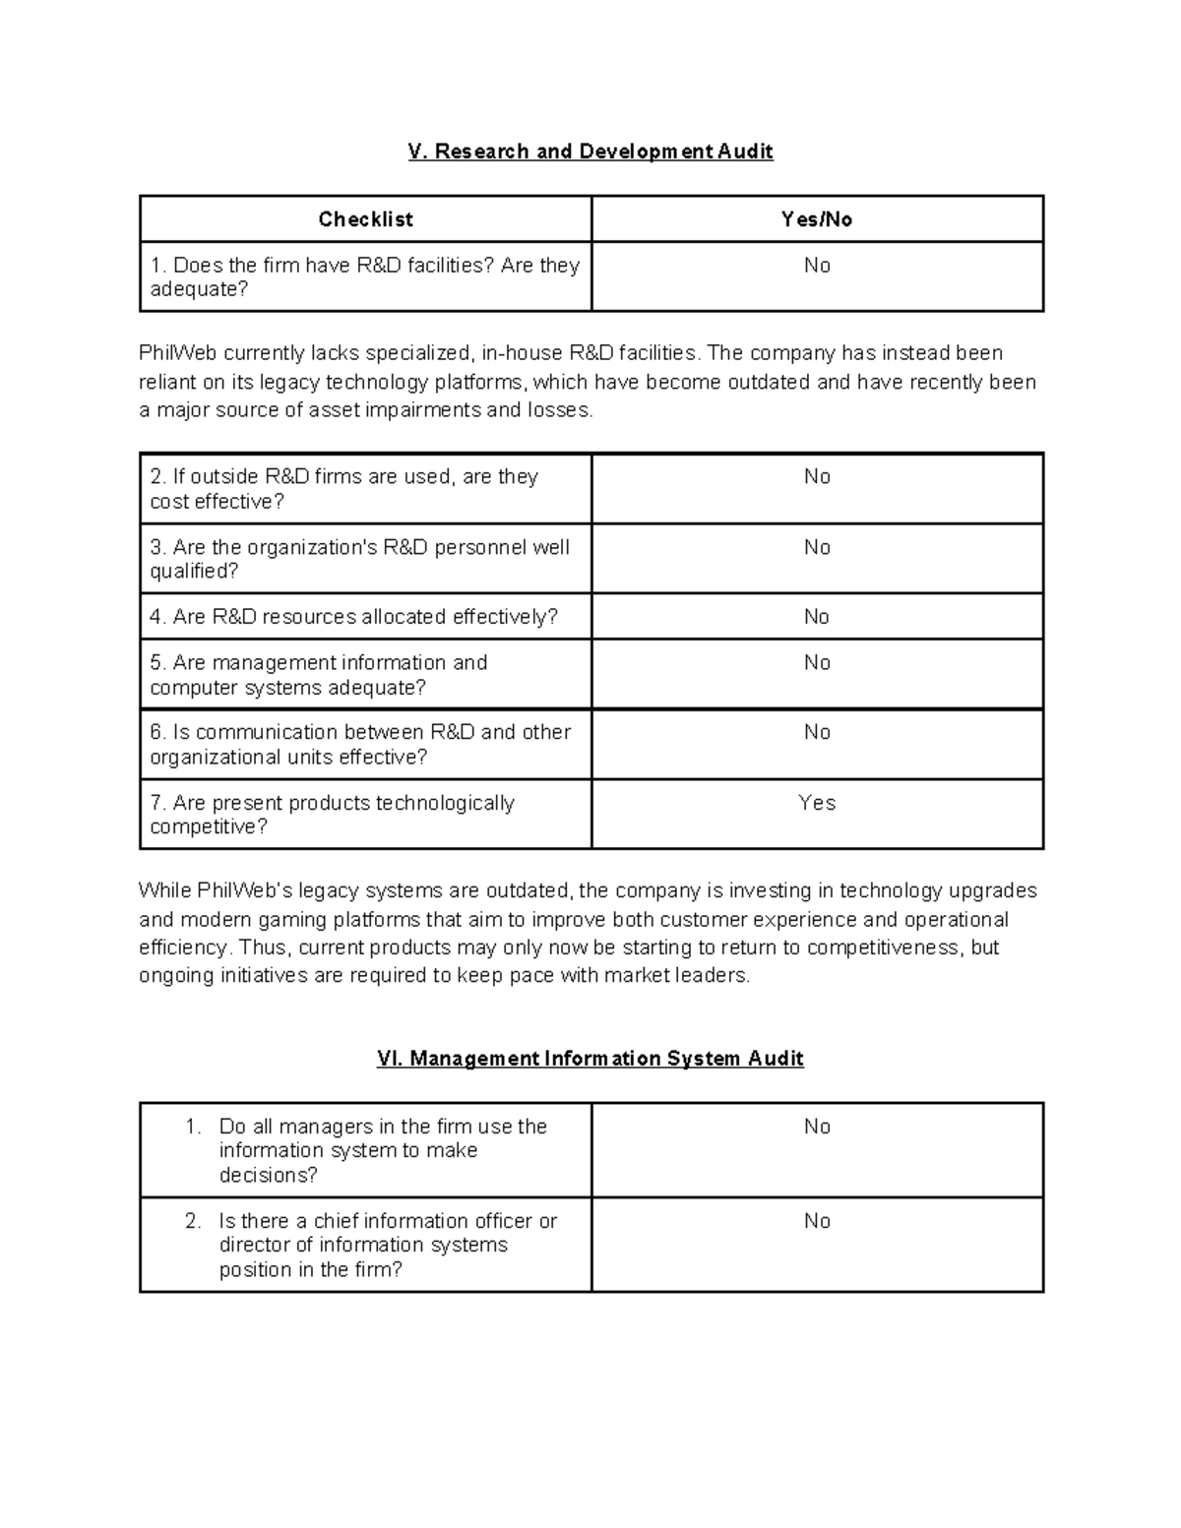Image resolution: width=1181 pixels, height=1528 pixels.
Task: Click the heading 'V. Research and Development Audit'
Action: pyautogui.click(x=590, y=152)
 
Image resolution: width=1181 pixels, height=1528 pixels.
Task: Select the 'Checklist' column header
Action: pyautogui.click(x=365, y=219)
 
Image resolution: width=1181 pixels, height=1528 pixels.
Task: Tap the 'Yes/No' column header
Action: pyautogui.click(x=817, y=219)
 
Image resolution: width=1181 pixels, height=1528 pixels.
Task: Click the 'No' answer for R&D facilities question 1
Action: pyautogui.click(x=817, y=266)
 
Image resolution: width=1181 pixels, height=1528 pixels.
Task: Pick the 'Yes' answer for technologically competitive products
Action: pyautogui.click(x=817, y=803)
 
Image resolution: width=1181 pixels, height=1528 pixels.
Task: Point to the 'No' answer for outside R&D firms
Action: pyautogui.click(x=817, y=477)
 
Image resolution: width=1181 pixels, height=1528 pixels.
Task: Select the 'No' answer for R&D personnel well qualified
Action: pyautogui.click(x=817, y=548)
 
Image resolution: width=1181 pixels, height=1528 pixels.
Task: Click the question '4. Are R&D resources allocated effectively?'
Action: pyautogui.click(x=353, y=617)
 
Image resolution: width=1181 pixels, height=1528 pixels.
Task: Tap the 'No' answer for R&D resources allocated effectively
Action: pyautogui.click(x=817, y=617)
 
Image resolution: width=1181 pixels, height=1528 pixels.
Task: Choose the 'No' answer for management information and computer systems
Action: pyautogui.click(x=817, y=663)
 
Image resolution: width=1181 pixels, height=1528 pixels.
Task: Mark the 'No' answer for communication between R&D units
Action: pyautogui.click(x=817, y=732)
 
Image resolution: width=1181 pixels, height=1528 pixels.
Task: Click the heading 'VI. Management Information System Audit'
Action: pyautogui.click(x=590, y=1059)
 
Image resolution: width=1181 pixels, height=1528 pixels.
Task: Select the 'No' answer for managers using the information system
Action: pyautogui.click(x=817, y=1127)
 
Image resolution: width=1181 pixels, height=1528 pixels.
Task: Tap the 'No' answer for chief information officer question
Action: pyautogui.click(x=817, y=1221)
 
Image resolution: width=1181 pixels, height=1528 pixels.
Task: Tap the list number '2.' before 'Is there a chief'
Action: pyautogui.click(x=193, y=1221)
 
